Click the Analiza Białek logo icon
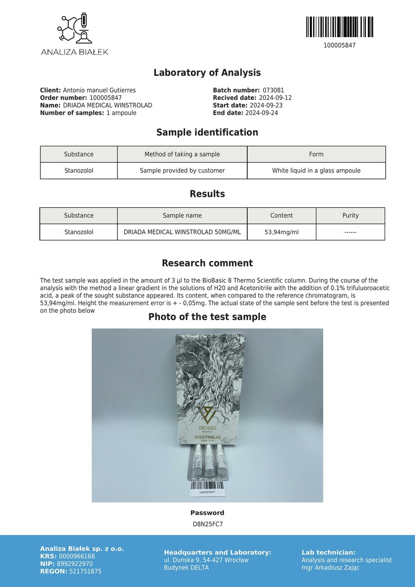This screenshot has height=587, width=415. point(74,29)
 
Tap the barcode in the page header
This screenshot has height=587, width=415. point(339,27)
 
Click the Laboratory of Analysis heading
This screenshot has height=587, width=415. point(207,72)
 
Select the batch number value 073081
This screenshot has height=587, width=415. point(273,90)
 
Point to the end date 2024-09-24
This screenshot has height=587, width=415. point(261,113)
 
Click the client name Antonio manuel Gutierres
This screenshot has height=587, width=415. point(99,90)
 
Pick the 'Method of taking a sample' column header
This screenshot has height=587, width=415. point(182,154)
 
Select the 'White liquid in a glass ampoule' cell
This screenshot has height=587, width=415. point(316,171)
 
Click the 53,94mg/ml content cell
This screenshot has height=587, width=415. point(282,232)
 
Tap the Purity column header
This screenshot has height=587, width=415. point(350,216)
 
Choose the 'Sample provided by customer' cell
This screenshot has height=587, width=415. point(182,171)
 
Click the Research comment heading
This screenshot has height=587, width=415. point(207,263)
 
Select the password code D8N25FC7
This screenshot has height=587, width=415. point(208,524)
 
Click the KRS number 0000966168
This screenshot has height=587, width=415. point(76,556)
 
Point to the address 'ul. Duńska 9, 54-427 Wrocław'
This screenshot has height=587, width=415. point(206,560)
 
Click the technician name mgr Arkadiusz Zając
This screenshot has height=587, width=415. point(330,568)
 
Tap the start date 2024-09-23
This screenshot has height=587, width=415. point(266,105)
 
